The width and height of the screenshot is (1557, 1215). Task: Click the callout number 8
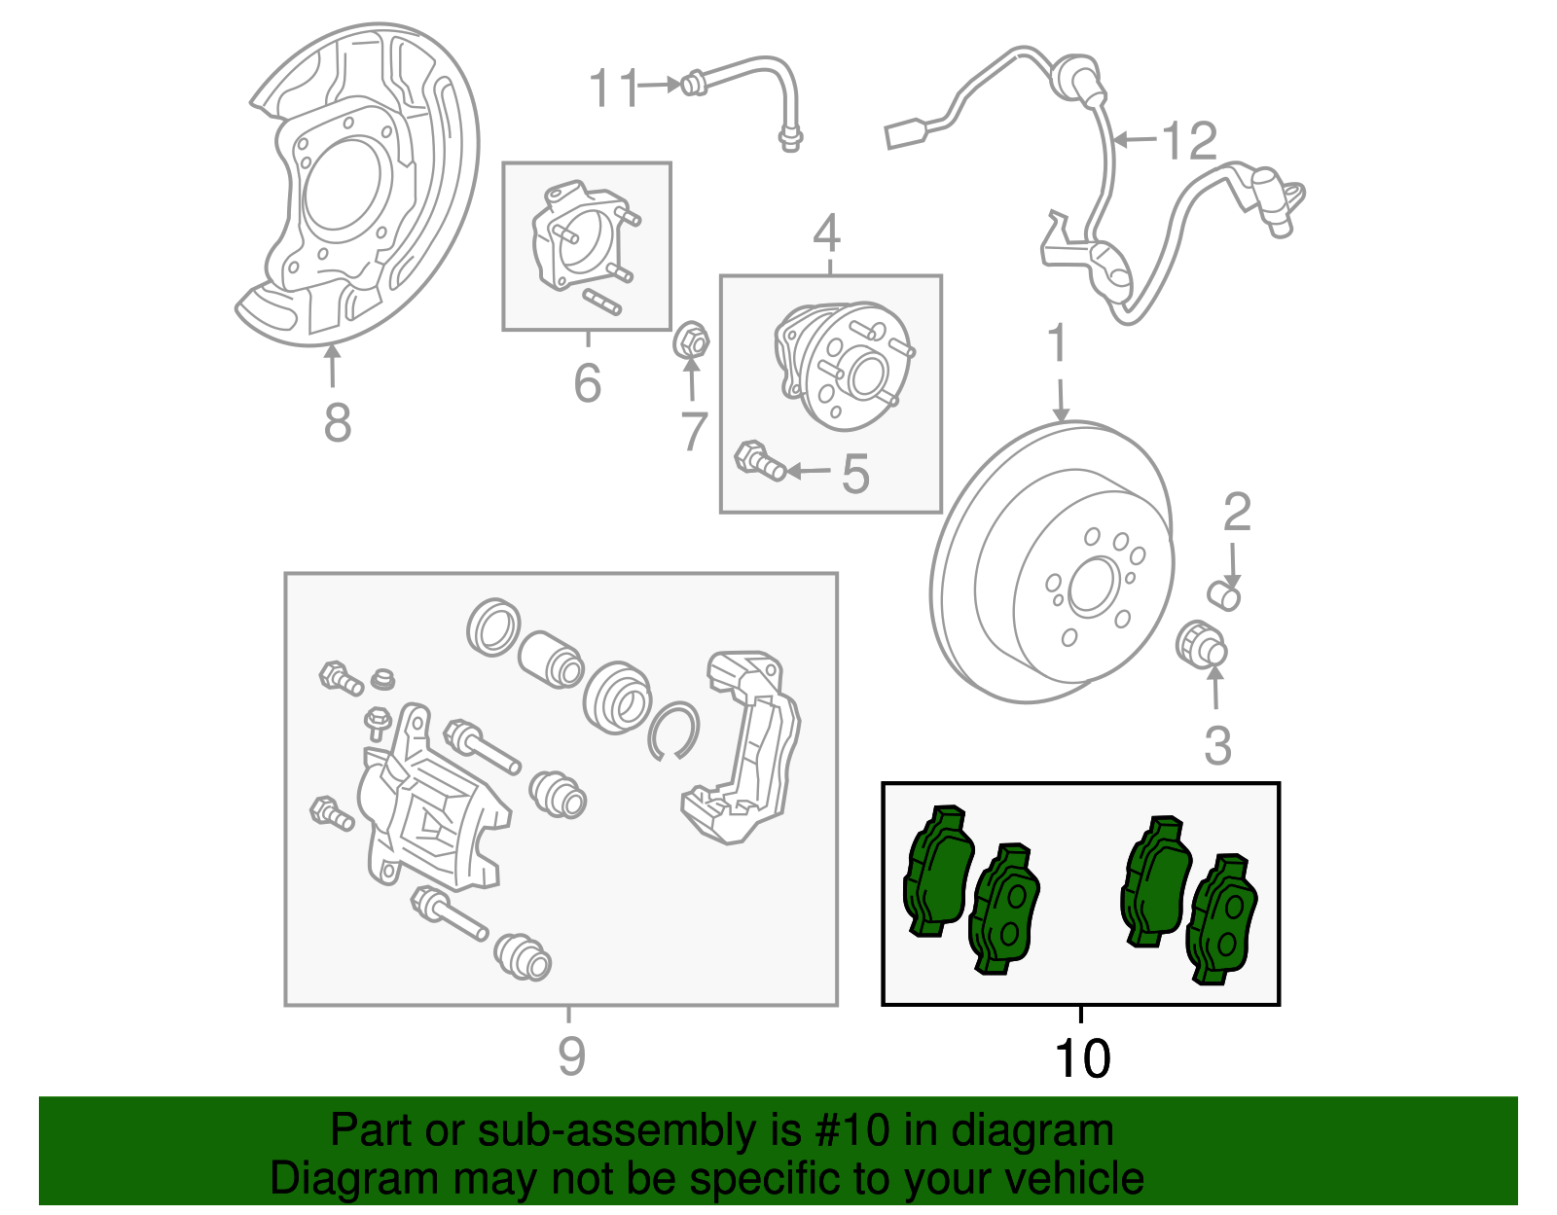click(337, 423)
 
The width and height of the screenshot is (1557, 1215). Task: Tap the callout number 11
click(614, 89)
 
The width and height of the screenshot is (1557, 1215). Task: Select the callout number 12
click(1190, 141)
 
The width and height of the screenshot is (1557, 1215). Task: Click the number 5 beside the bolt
click(854, 474)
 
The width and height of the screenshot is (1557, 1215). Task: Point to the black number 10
click(1081, 1058)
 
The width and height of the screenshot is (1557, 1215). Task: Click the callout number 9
click(571, 1055)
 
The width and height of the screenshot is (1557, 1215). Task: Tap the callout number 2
click(1236, 513)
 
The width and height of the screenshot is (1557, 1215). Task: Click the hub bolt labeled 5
click(759, 461)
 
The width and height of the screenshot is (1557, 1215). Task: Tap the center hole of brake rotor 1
click(1095, 587)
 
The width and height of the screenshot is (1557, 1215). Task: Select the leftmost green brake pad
click(936, 872)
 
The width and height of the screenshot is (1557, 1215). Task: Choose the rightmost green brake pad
click(1222, 918)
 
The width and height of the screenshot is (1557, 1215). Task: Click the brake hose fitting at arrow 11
click(692, 85)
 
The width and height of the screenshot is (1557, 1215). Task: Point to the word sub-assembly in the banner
click(585, 1131)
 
